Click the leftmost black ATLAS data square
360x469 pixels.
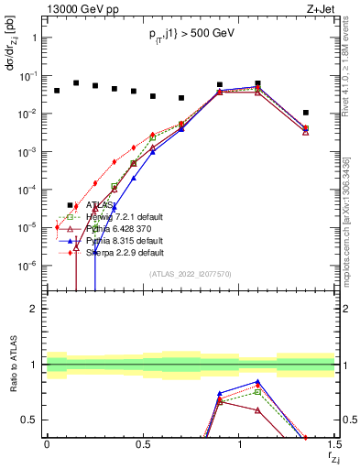tap(57, 91)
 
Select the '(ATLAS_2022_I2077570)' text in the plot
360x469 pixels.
tap(190, 274)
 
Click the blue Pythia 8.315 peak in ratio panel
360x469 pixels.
tap(258, 382)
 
